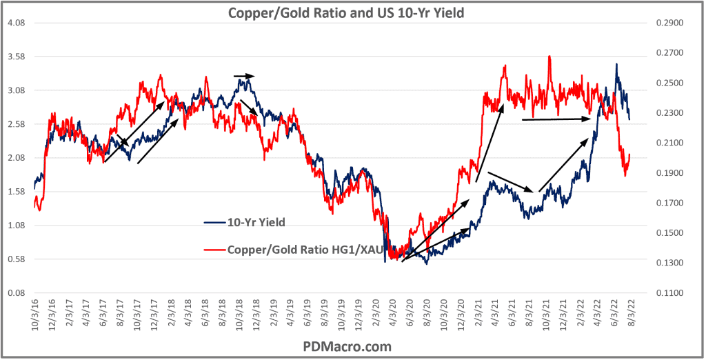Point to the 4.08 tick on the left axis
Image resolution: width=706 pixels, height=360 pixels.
16,23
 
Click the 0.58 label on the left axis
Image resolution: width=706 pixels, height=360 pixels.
16,259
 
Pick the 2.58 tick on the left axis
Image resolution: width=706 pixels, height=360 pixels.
16,124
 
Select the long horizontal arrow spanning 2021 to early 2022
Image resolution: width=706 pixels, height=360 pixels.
557,119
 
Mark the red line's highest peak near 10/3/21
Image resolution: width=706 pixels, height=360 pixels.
549,57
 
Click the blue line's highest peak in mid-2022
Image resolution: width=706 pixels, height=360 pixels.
616,64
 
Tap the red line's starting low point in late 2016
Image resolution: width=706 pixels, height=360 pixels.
39,210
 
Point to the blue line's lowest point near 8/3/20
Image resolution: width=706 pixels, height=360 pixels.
427,264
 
